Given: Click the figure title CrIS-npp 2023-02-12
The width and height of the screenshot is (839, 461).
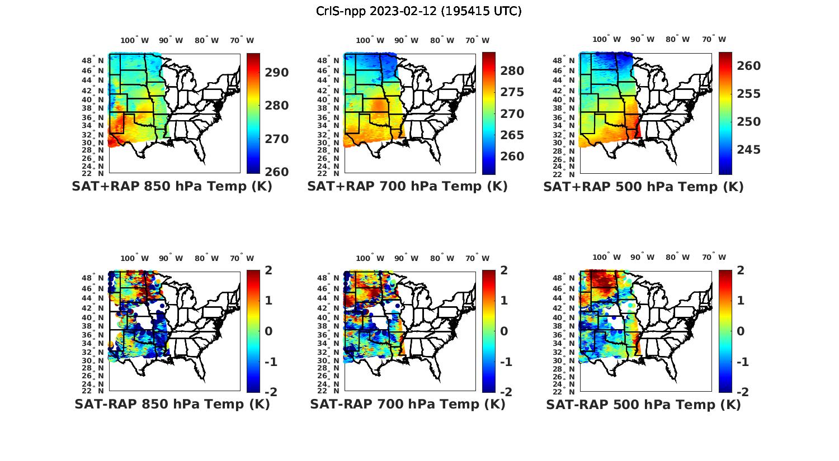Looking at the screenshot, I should (419, 11).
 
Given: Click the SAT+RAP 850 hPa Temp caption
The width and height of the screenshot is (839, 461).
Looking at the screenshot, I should (172, 187).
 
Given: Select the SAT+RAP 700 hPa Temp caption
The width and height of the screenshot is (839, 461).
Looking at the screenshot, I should (407, 187).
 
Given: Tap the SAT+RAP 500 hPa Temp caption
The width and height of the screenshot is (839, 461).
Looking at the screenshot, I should (643, 187).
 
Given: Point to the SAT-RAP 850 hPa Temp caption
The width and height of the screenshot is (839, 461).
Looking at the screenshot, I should (172, 404).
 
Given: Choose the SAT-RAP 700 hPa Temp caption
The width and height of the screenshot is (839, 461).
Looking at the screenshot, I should (407, 404).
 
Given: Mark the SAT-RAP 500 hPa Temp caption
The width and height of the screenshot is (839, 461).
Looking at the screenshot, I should (643, 405).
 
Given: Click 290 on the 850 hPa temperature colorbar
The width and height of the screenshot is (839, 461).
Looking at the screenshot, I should (277, 73).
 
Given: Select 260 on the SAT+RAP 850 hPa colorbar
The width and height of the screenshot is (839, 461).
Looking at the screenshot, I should (277, 172).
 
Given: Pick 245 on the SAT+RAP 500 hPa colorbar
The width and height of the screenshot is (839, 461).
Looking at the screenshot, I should (748, 149).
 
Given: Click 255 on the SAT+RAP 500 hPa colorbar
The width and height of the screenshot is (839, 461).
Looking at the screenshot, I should (748, 94).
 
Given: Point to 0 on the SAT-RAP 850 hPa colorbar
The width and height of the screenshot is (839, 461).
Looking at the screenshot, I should (268, 331).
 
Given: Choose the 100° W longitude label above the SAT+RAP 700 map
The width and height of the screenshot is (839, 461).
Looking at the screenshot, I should (370, 40).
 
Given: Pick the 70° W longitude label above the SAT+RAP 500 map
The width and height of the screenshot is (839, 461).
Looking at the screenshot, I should (714, 39).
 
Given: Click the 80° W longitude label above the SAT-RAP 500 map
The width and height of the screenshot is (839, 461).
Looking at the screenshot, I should (677, 258).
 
